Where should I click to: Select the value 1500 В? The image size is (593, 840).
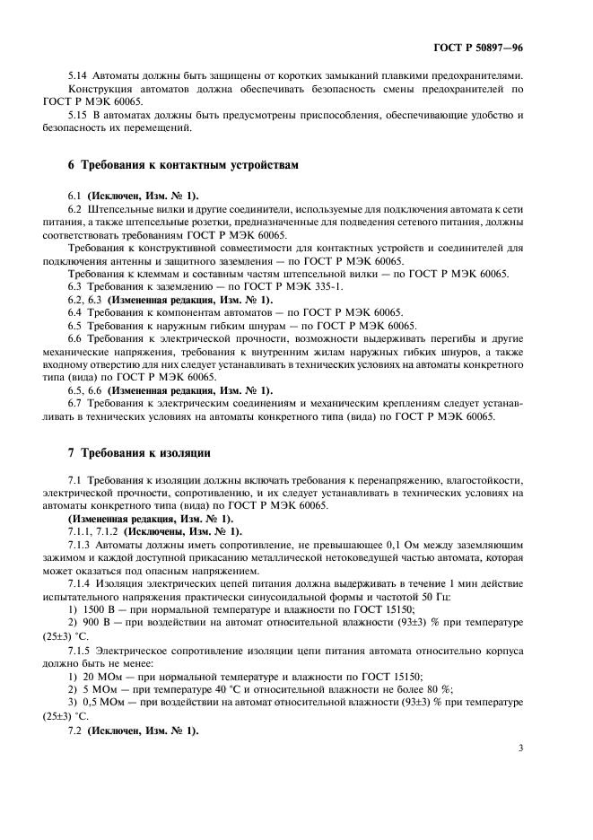(x=98, y=609)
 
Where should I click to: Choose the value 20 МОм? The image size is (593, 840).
(x=101, y=676)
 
